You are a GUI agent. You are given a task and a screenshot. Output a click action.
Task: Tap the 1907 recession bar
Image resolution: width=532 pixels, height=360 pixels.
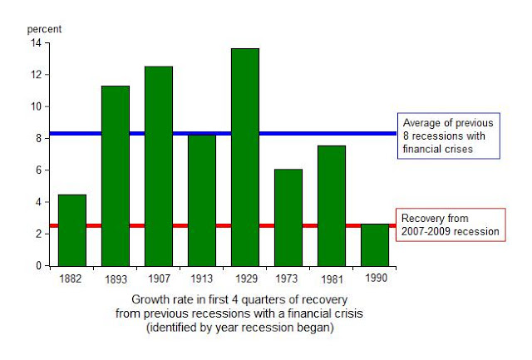(x=158, y=166)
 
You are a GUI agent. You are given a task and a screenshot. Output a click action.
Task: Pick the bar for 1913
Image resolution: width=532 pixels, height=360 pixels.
(x=201, y=200)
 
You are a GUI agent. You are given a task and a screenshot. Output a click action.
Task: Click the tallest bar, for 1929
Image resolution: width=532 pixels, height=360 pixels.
(x=244, y=157)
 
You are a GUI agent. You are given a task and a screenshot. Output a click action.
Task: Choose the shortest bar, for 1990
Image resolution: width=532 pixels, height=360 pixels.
(x=374, y=245)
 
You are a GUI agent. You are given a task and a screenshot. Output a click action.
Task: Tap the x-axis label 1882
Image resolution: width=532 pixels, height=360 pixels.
(x=71, y=278)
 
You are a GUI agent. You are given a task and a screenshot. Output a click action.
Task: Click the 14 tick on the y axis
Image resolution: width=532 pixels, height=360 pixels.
(x=35, y=42)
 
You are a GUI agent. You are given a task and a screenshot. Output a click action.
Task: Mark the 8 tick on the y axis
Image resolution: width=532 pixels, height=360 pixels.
(x=37, y=138)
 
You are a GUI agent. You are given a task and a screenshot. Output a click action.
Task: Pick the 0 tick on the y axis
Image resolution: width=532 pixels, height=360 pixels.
(x=37, y=266)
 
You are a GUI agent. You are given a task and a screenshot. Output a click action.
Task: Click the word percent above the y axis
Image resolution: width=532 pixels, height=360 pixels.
(x=45, y=29)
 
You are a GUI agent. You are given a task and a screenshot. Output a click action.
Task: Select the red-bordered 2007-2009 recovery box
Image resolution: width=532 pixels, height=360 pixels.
(x=450, y=224)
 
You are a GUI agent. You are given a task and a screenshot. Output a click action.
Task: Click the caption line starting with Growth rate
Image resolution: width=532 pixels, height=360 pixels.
(x=238, y=298)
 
